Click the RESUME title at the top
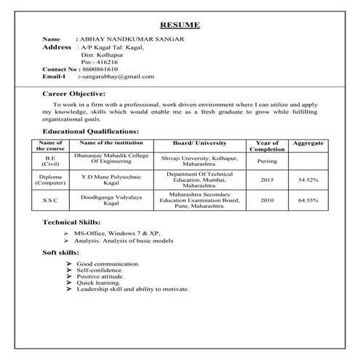pos(180,25)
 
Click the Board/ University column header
pos(200,143)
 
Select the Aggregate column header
pos(308,143)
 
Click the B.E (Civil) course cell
pos(50,161)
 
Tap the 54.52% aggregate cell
pos(308,179)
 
